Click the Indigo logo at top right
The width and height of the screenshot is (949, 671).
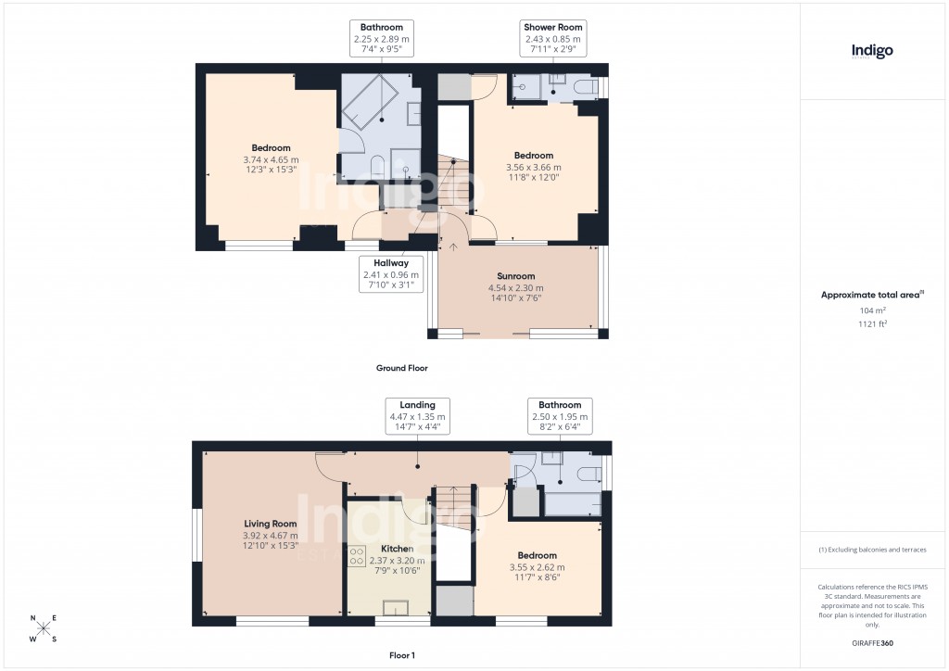(872, 52)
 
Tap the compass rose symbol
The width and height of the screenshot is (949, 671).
(43, 628)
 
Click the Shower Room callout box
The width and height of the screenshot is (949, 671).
(551, 39)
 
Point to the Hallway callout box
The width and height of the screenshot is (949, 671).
(390, 274)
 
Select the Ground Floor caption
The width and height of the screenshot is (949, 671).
(401, 368)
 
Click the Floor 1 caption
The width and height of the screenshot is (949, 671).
(401, 654)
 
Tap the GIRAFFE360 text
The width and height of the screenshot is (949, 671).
(872, 642)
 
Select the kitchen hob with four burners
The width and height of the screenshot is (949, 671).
(357, 556)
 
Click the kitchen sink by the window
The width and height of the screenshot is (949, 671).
(396, 608)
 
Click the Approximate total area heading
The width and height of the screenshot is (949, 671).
(872, 295)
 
